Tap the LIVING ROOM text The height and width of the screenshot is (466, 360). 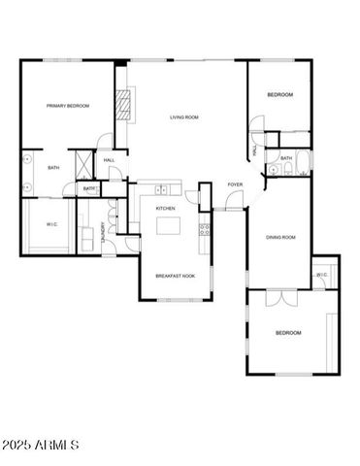tap(184, 117)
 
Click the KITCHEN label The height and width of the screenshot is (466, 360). tap(166, 209)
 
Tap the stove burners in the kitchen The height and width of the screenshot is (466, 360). tap(205, 230)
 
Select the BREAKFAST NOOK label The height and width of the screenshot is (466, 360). tap(175, 276)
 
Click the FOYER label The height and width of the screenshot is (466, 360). tap(235, 184)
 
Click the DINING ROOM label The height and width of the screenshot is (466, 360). tap(281, 236)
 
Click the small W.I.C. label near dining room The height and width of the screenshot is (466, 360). tap(321, 275)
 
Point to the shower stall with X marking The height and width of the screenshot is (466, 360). tap(82, 161)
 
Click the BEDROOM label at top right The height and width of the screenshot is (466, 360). tap(280, 94)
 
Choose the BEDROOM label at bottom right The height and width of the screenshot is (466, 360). tap(288, 332)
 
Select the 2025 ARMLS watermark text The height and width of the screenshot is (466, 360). tap(41, 445)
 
